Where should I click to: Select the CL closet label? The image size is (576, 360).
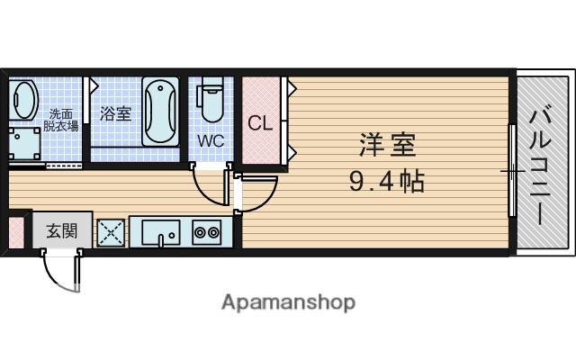pyautogui.click(x=260, y=123)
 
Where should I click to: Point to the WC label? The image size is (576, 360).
pyautogui.click(x=211, y=140)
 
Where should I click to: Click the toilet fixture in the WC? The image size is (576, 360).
pyautogui.click(x=211, y=102)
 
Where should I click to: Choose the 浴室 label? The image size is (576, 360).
pyautogui.click(x=115, y=114)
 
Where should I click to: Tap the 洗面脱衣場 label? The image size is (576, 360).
pyautogui.click(x=64, y=120)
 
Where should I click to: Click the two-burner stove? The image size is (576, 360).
pyautogui.click(x=207, y=232)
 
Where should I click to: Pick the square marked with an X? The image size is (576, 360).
pyautogui.click(x=110, y=233)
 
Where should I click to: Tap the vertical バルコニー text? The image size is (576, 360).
pyautogui.click(x=542, y=166)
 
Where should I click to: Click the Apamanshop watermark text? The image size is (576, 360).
pyautogui.click(x=288, y=302)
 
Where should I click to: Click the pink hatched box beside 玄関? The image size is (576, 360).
pyautogui.click(x=15, y=232)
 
